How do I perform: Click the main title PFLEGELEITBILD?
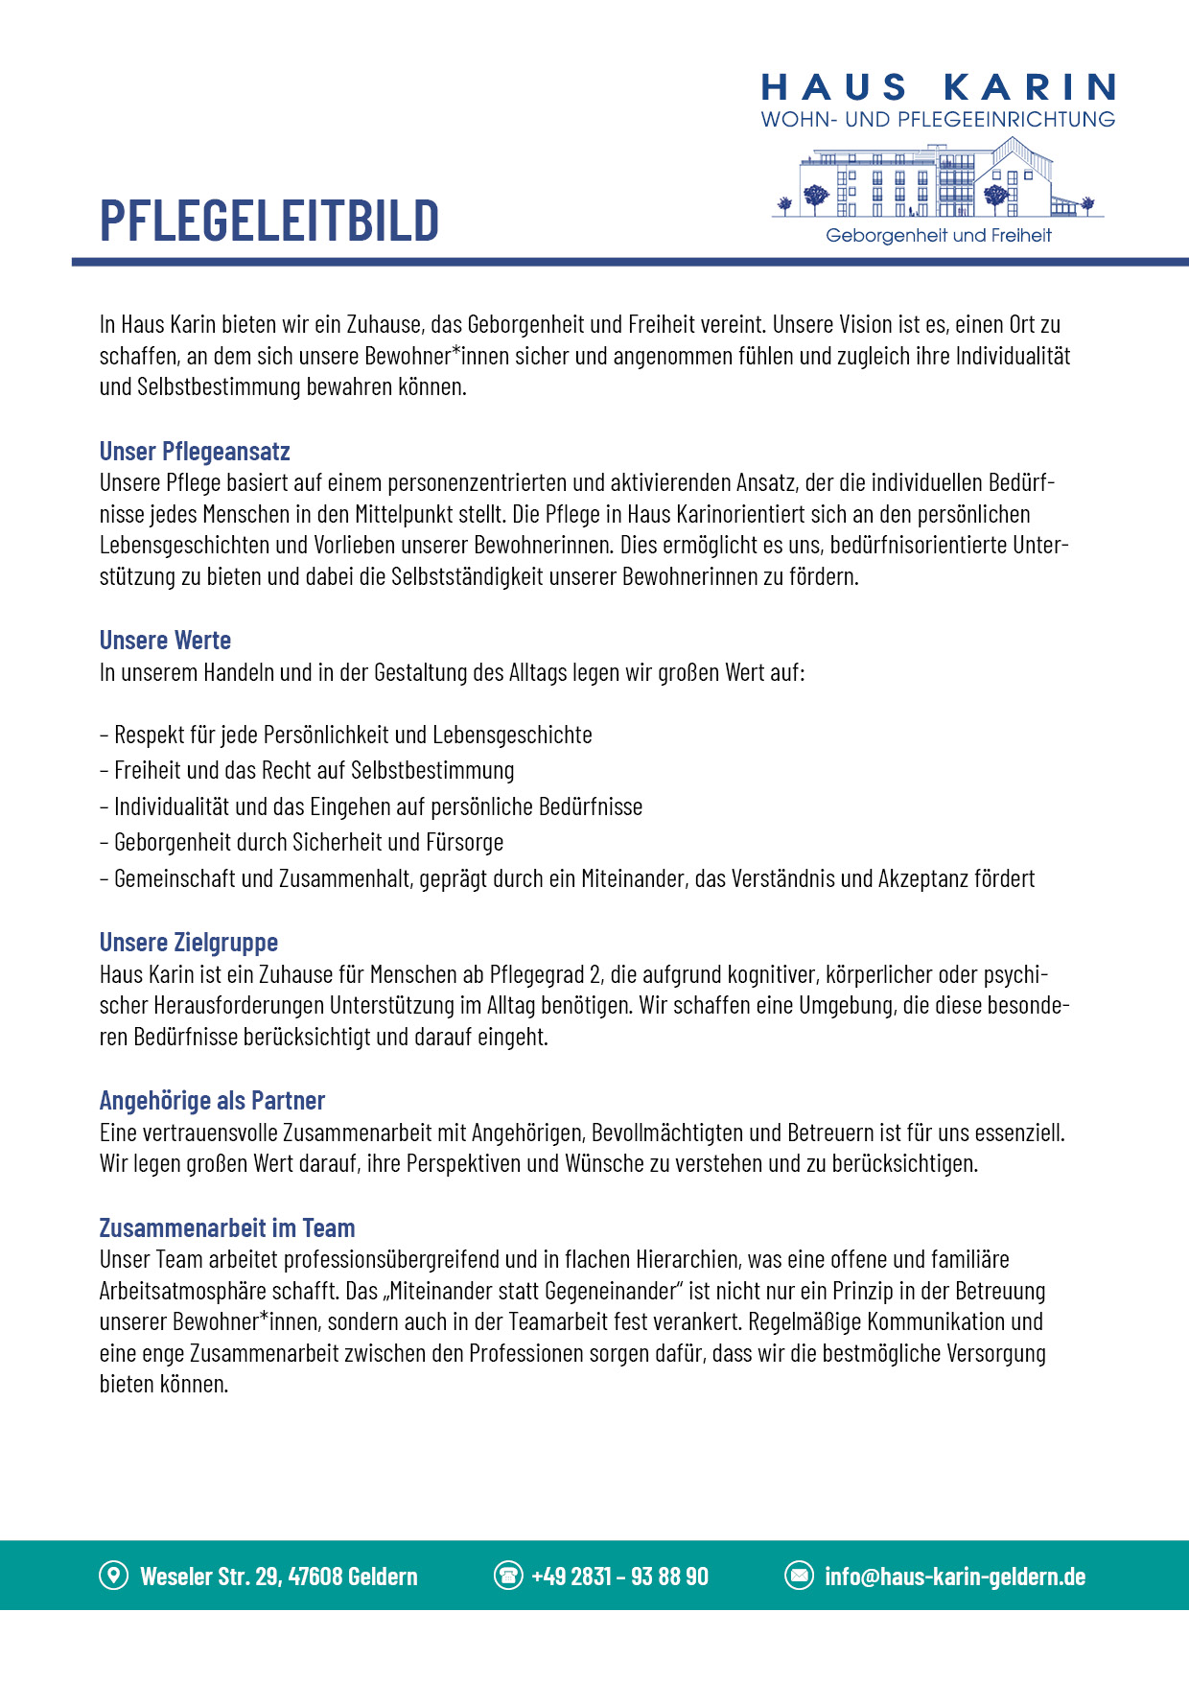tap(269, 220)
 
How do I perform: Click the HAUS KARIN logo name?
tap(938, 88)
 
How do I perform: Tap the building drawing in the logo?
tap(937, 179)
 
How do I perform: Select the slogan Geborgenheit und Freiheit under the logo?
tap(938, 236)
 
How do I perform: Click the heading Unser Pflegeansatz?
tap(195, 452)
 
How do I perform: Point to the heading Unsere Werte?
tap(165, 641)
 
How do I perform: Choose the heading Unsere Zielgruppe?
tap(189, 943)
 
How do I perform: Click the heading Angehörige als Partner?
tap(212, 1101)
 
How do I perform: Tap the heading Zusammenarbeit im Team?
tap(227, 1228)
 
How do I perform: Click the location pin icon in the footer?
tap(113, 1575)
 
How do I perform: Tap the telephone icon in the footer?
tap(507, 1575)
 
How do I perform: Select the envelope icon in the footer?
tap(799, 1575)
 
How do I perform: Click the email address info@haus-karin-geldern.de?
tap(955, 1577)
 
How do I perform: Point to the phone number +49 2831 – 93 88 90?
tap(619, 1577)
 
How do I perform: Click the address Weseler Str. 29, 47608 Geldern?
tap(279, 1577)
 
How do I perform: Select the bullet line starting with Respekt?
tap(346, 736)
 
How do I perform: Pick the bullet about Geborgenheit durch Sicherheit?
tap(302, 843)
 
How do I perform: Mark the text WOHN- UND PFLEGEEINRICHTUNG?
tap(938, 120)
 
